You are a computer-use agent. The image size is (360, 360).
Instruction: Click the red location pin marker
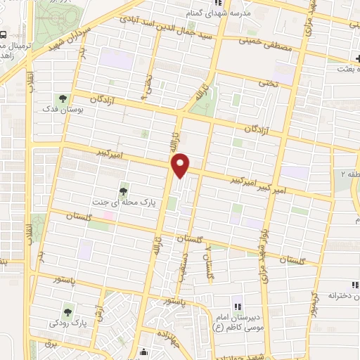pos(181,165)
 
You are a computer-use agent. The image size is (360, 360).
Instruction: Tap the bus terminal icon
pos(4,34)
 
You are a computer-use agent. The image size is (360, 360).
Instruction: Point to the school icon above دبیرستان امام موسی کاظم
pos(237,306)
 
